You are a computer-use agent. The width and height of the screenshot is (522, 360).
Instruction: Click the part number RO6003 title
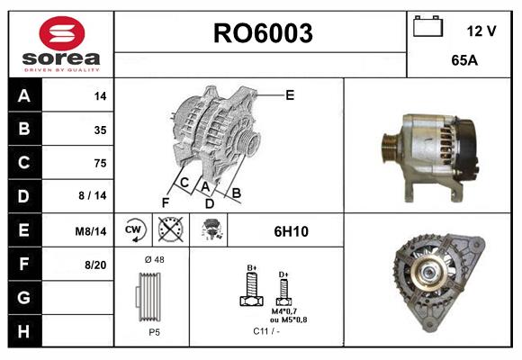pos(262,34)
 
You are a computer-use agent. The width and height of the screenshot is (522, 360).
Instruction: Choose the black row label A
pos(23,95)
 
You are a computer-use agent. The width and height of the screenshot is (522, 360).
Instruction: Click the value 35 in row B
pos(100,130)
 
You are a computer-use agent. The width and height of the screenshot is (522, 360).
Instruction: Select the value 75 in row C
pos(100,163)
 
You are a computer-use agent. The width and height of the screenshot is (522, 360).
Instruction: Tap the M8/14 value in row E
pos(92,230)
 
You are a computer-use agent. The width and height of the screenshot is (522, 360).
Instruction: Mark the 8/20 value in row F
pos(95,264)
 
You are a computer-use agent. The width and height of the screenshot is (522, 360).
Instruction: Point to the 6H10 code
pos(292,231)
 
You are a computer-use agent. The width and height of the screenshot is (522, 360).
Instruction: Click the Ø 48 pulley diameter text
pos(153,259)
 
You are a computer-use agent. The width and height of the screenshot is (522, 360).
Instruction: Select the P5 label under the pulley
pos(154,331)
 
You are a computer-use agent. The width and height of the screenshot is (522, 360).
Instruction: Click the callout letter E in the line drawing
pos(290,94)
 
